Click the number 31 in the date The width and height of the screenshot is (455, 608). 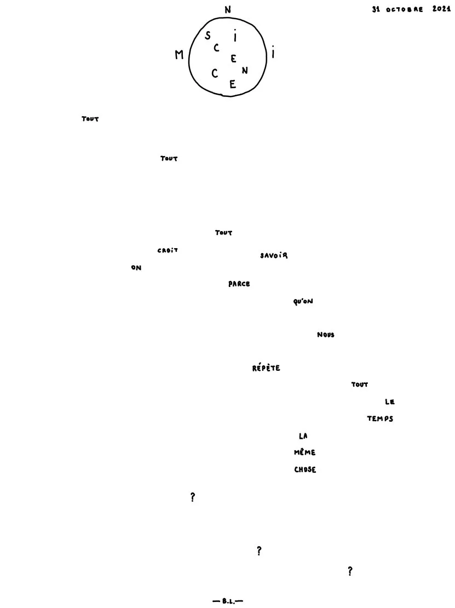tap(376, 9)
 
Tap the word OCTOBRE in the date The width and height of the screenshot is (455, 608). tap(404, 9)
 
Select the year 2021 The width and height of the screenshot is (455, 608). tap(441, 9)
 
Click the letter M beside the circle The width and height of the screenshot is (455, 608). tap(179, 55)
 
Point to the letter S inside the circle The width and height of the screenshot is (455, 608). tap(208, 36)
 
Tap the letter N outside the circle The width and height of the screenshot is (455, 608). tap(228, 10)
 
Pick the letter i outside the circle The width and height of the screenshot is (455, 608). tap(273, 52)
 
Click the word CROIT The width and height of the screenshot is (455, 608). tap(168, 250)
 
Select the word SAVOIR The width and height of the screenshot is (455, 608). tap(274, 256)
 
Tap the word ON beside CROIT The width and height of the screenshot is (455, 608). tap(136, 267)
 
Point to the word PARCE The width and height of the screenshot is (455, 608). tap(239, 284)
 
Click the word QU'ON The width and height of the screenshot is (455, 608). tap(303, 301)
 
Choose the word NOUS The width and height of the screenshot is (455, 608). tap(326, 335)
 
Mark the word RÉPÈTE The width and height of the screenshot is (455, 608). tap(266, 368)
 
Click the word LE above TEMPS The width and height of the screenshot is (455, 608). tap(390, 401)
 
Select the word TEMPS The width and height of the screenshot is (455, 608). tap(380, 418)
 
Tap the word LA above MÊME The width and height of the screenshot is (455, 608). tap(303, 436)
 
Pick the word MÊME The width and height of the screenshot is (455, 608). tap(304, 452)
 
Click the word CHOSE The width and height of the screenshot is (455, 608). tap(305, 469)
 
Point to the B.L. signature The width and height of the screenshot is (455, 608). tap(228, 601)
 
